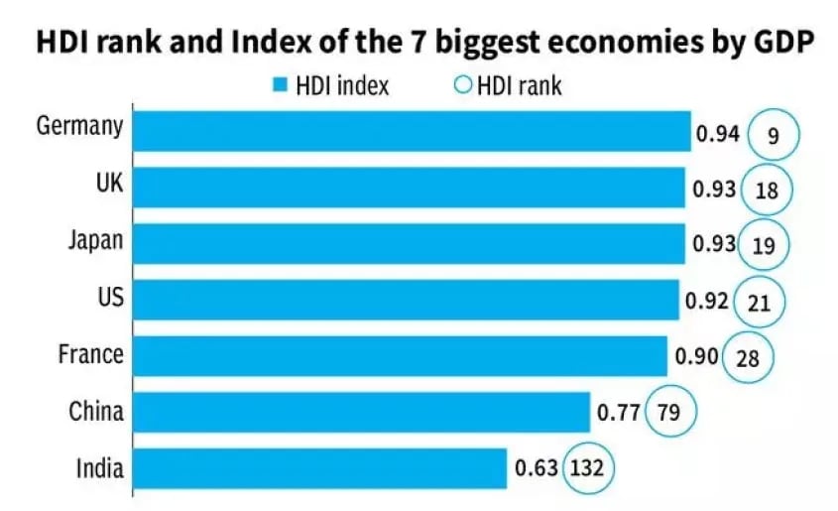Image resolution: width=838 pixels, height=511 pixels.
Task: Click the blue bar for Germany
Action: [x=411, y=131]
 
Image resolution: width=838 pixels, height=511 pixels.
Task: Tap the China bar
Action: [x=360, y=412]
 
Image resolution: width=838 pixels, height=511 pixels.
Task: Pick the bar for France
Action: [x=399, y=356]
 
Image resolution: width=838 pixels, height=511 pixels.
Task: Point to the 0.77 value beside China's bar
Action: [x=618, y=412]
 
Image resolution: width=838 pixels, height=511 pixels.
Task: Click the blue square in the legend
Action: [x=277, y=86]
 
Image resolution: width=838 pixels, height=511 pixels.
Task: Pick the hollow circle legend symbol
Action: [x=462, y=86]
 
